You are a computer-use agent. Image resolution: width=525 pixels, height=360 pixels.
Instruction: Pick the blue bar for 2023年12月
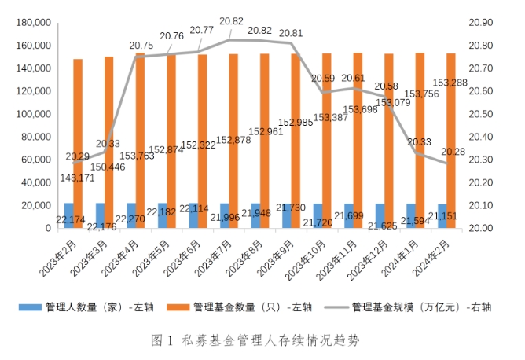tap(380, 215)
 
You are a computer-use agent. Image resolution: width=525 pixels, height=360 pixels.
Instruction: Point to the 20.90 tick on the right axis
tap(480, 23)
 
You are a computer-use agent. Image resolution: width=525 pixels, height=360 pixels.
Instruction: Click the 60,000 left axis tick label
tap(36, 160)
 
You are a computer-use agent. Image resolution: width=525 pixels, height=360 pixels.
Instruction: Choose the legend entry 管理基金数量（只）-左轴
tap(252, 307)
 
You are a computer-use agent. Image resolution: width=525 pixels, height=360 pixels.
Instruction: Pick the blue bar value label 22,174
tap(72, 218)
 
